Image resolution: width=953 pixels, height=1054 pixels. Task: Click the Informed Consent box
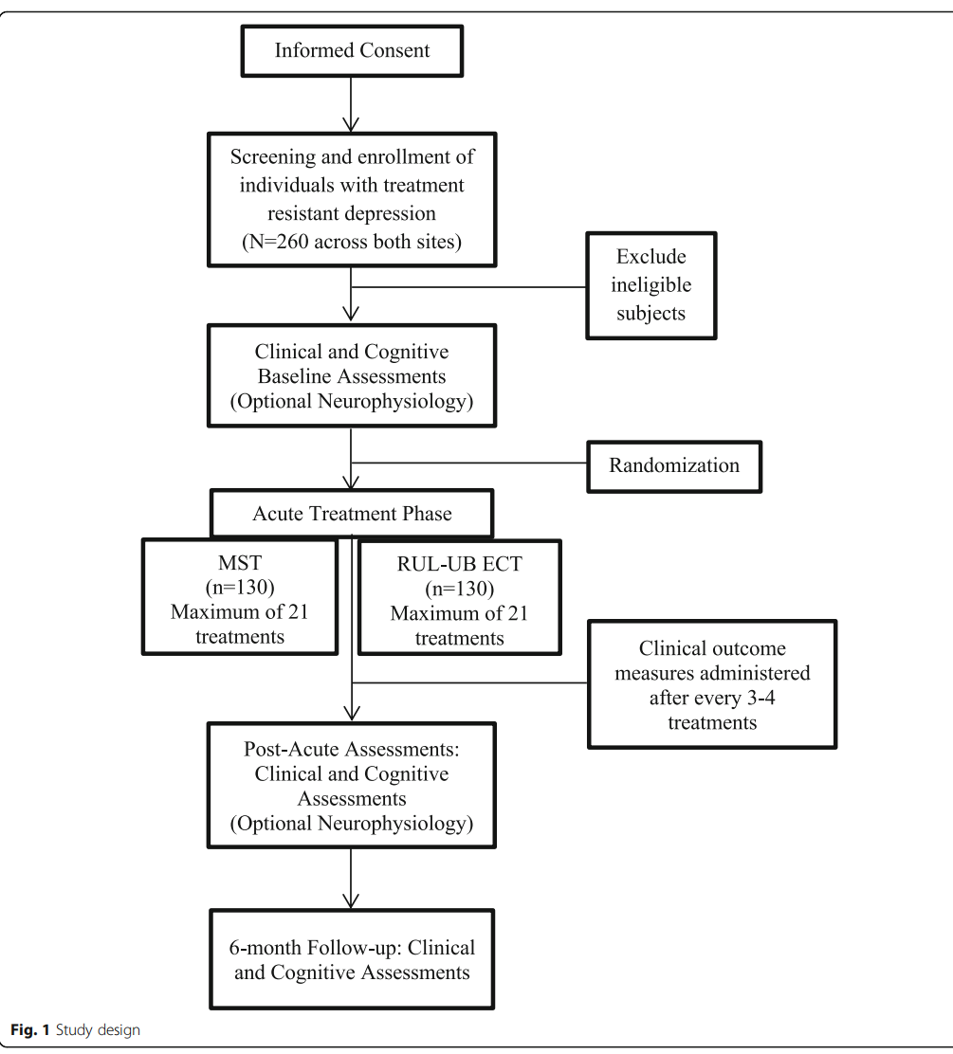coord(352,51)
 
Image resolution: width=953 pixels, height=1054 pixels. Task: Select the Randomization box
coord(674,466)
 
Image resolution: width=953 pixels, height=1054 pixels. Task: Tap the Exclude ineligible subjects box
coord(651,285)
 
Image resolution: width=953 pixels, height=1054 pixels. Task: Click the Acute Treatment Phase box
coord(352,514)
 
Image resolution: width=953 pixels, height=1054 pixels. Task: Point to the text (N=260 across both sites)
coord(352,242)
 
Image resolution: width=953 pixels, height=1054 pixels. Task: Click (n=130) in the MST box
coord(240,588)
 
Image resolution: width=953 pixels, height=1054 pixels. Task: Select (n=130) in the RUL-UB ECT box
coord(459,589)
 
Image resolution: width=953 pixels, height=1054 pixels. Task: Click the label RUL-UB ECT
coord(459,564)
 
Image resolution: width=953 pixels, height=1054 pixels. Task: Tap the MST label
coord(240,563)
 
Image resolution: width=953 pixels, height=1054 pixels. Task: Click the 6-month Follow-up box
coord(352,959)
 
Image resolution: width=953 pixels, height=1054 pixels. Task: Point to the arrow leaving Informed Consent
coord(351,104)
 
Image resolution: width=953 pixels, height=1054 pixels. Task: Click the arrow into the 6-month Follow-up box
coord(351,879)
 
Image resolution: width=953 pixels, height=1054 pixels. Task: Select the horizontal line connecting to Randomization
coord(469,463)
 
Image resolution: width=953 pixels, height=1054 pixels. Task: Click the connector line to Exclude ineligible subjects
coord(468,287)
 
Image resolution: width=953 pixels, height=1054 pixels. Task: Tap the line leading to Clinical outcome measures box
coord(470,683)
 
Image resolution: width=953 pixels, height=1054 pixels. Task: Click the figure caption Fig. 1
coord(30,1029)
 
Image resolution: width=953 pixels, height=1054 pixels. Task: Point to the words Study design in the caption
coord(99,1029)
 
